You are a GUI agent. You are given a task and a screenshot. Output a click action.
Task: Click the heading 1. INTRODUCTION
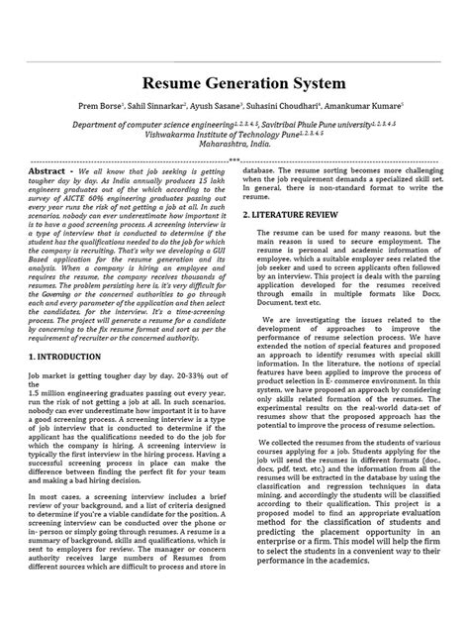coord(70,355)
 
